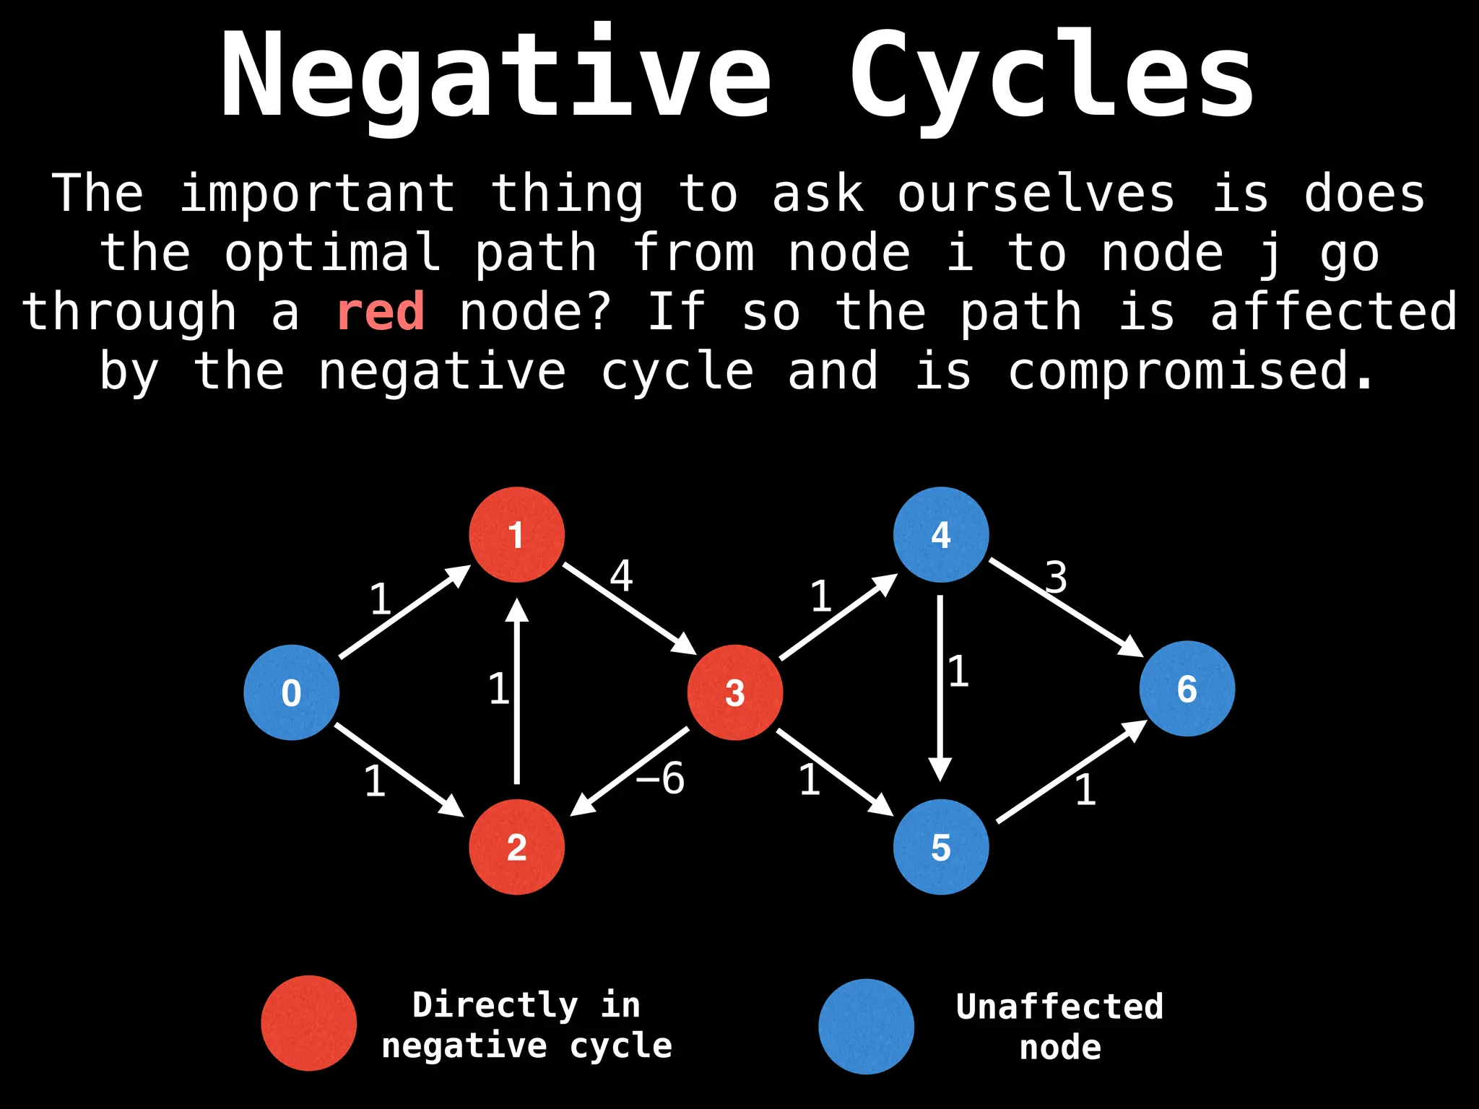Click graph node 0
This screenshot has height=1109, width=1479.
(291, 692)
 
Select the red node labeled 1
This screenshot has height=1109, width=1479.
(516, 535)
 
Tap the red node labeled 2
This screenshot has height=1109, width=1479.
(516, 847)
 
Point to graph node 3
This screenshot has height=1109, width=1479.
(734, 692)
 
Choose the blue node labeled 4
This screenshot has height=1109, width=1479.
(940, 535)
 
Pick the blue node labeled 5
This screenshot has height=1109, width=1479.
(940, 847)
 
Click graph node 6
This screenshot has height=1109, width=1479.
(1187, 689)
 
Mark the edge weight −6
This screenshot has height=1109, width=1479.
(661, 778)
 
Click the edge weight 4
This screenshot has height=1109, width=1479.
(621, 575)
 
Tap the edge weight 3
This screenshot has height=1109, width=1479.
(1056, 577)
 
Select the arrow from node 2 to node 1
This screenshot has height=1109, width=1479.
(516, 693)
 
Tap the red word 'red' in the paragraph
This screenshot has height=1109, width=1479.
(381, 313)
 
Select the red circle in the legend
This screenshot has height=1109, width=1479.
(308, 1023)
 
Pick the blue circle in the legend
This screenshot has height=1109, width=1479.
(866, 1026)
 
